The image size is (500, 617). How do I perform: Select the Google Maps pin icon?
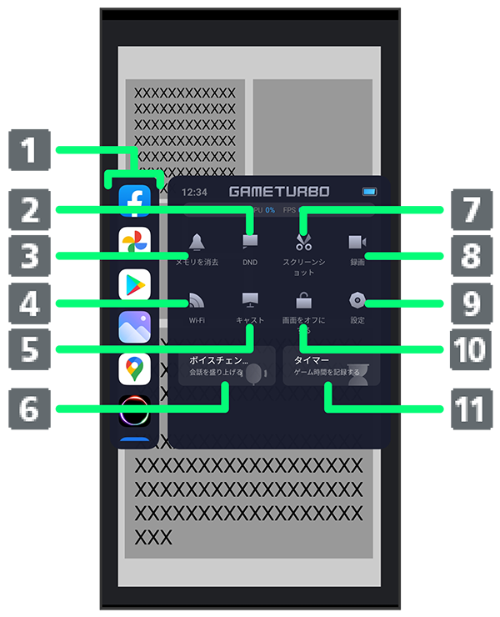[134, 369]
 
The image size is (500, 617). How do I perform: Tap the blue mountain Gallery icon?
[134, 327]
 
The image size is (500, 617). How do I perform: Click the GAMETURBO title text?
[279, 192]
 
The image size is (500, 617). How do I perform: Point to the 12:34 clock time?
[194, 192]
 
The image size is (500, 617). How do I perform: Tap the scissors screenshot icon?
[303, 243]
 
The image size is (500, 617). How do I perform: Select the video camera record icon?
[357, 242]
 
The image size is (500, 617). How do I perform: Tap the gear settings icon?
[357, 300]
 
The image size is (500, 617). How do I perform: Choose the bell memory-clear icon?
[197, 243]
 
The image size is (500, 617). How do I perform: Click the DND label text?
[250, 262]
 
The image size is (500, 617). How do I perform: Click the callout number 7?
[471, 209]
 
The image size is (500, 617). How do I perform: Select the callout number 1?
[29, 152]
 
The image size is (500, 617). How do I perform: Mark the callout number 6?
[29, 409]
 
